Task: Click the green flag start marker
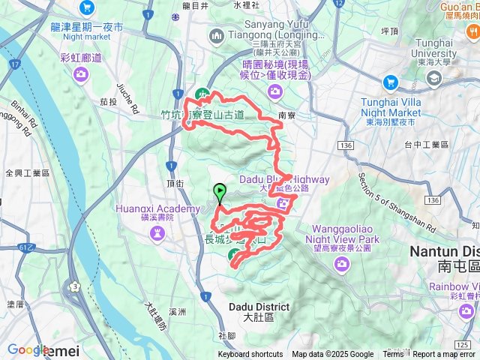[x=219, y=191]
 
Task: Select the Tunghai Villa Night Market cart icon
[x=390, y=82]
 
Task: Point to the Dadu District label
[x=256, y=307]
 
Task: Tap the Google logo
[x=28, y=350]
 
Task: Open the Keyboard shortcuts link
[x=250, y=355]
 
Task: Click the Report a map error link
[x=445, y=355]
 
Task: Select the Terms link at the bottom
[x=393, y=355]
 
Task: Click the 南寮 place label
[x=286, y=116]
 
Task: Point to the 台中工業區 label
[x=427, y=144]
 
